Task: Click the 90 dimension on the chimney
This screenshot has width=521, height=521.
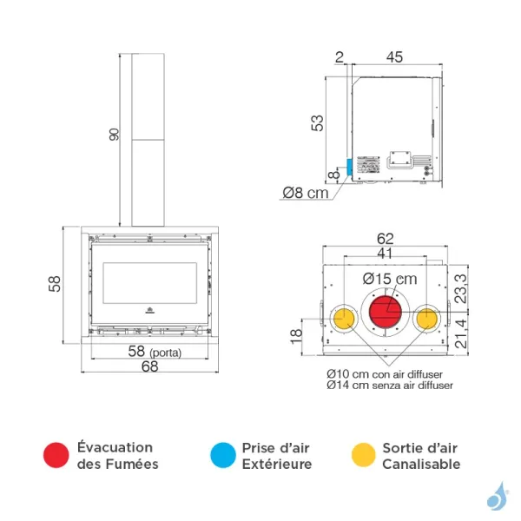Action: (115, 136)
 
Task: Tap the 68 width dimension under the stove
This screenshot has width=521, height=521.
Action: (148, 367)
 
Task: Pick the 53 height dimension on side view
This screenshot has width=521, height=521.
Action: (318, 122)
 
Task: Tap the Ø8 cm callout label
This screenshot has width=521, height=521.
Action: (306, 192)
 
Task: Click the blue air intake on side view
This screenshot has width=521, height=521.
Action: (349, 167)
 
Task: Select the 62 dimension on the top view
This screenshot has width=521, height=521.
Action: (386, 238)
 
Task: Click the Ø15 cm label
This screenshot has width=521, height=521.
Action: (391, 278)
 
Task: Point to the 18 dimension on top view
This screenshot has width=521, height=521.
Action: (295, 333)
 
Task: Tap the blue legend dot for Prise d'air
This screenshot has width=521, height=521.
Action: (222, 455)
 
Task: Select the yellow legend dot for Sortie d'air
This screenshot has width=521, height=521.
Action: (363, 455)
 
